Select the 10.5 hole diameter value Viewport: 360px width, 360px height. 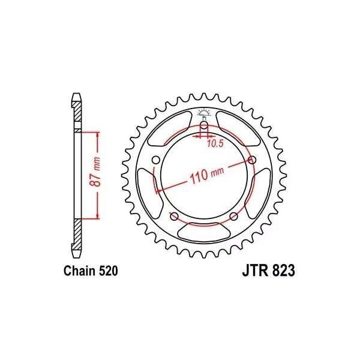click(216, 144)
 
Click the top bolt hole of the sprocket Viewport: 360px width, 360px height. click(204, 125)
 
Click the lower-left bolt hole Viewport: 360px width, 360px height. click(175, 215)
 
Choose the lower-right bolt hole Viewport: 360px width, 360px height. click(233, 215)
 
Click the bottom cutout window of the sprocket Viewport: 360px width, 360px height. click(204, 231)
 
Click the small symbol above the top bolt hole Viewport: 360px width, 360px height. click(204, 112)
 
